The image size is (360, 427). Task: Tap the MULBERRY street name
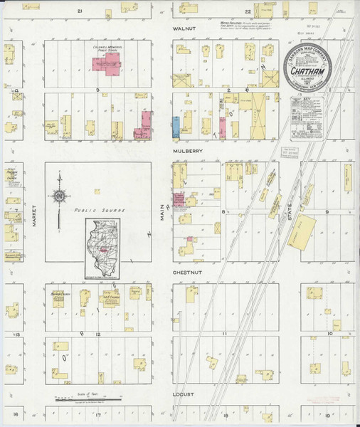(x=185, y=152)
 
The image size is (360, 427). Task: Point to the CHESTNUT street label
(x=185, y=272)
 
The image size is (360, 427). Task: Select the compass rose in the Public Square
(x=59, y=195)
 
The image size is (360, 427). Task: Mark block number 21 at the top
(x=80, y=12)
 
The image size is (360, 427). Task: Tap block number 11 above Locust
(x=223, y=333)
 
